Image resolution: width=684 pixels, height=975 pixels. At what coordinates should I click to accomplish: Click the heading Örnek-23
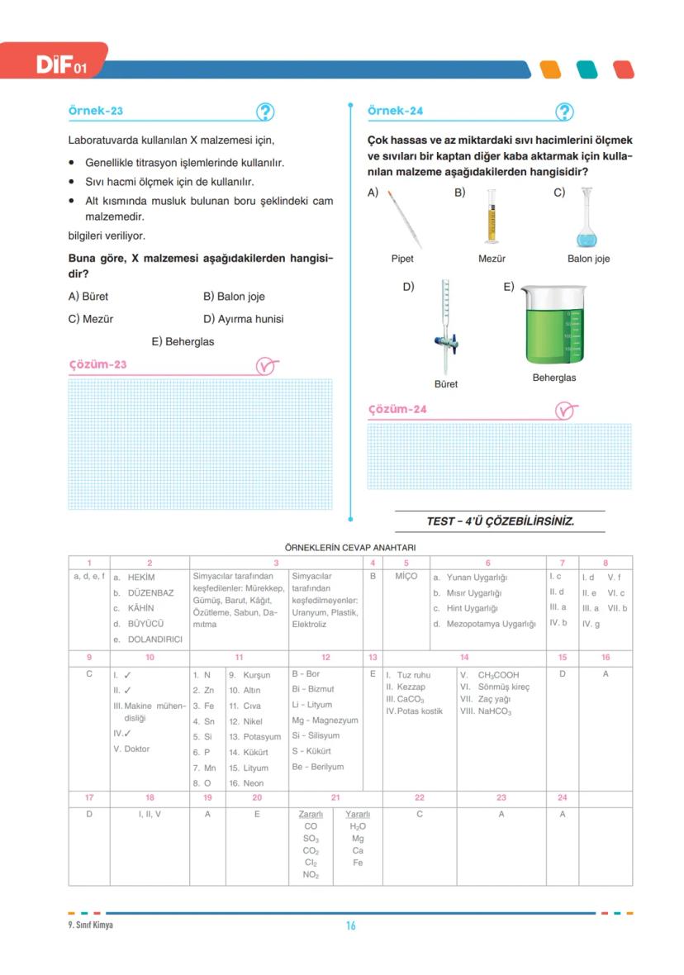(x=96, y=111)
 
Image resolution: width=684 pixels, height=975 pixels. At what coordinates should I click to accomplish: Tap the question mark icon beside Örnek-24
(x=564, y=112)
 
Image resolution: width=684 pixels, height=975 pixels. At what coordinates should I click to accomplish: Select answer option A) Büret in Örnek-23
(x=88, y=297)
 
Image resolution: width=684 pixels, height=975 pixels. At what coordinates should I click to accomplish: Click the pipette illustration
(x=404, y=218)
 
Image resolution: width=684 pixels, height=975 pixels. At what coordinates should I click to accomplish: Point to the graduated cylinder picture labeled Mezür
(x=492, y=216)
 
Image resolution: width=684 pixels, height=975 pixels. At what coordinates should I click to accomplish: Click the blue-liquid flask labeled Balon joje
(x=587, y=218)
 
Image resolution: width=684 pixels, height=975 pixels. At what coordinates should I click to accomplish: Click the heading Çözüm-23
(x=97, y=364)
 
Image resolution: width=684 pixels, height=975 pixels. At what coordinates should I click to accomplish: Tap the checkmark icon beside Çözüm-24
(x=564, y=410)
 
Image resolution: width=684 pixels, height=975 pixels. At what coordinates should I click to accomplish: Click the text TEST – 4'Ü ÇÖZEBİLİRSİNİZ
(x=500, y=521)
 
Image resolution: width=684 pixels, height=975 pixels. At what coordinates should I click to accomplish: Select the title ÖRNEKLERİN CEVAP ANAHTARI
(x=349, y=548)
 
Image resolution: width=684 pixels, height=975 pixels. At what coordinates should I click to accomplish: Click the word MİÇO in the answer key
(x=406, y=576)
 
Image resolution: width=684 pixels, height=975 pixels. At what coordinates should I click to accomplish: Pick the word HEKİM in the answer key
(x=140, y=578)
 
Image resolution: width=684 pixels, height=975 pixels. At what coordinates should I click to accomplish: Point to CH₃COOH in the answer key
(x=498, y=675)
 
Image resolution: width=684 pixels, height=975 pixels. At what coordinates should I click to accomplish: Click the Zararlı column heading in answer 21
(x=311, y=814)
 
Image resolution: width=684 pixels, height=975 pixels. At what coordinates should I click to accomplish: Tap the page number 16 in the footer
(x=350, y=925)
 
